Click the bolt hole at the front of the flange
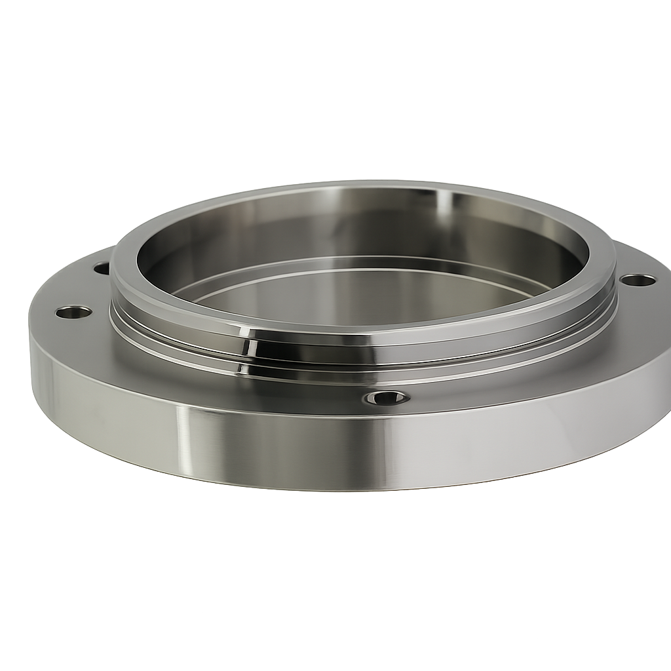tap(387, 398)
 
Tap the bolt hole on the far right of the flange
tap(638, 280)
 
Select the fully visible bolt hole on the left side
tap(73, 312)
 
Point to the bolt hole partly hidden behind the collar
tap(102, 268)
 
